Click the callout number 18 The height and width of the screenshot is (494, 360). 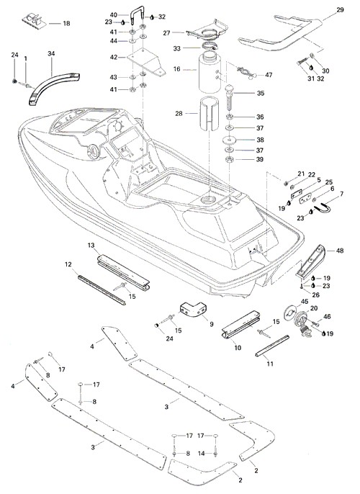tap(66, 23)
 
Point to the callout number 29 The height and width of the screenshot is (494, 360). tap(340, 10)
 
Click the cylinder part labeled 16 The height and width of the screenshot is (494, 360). tap(209, 73)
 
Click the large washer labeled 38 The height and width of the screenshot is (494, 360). tap(230, 139)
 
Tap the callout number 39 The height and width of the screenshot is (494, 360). tap(259, 159)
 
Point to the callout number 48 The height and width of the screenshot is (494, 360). tap(340, 251)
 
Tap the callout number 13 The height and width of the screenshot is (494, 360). tap(91, 245)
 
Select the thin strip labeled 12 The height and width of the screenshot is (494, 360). tap(102, 289)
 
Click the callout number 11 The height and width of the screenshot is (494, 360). tap(270, 364)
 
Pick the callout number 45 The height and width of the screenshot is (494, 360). tap(305, 302)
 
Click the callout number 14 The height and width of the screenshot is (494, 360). tap(202, 454)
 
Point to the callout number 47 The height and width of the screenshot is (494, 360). tap(269, 75)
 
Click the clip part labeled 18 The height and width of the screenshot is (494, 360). tap(34, 20)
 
